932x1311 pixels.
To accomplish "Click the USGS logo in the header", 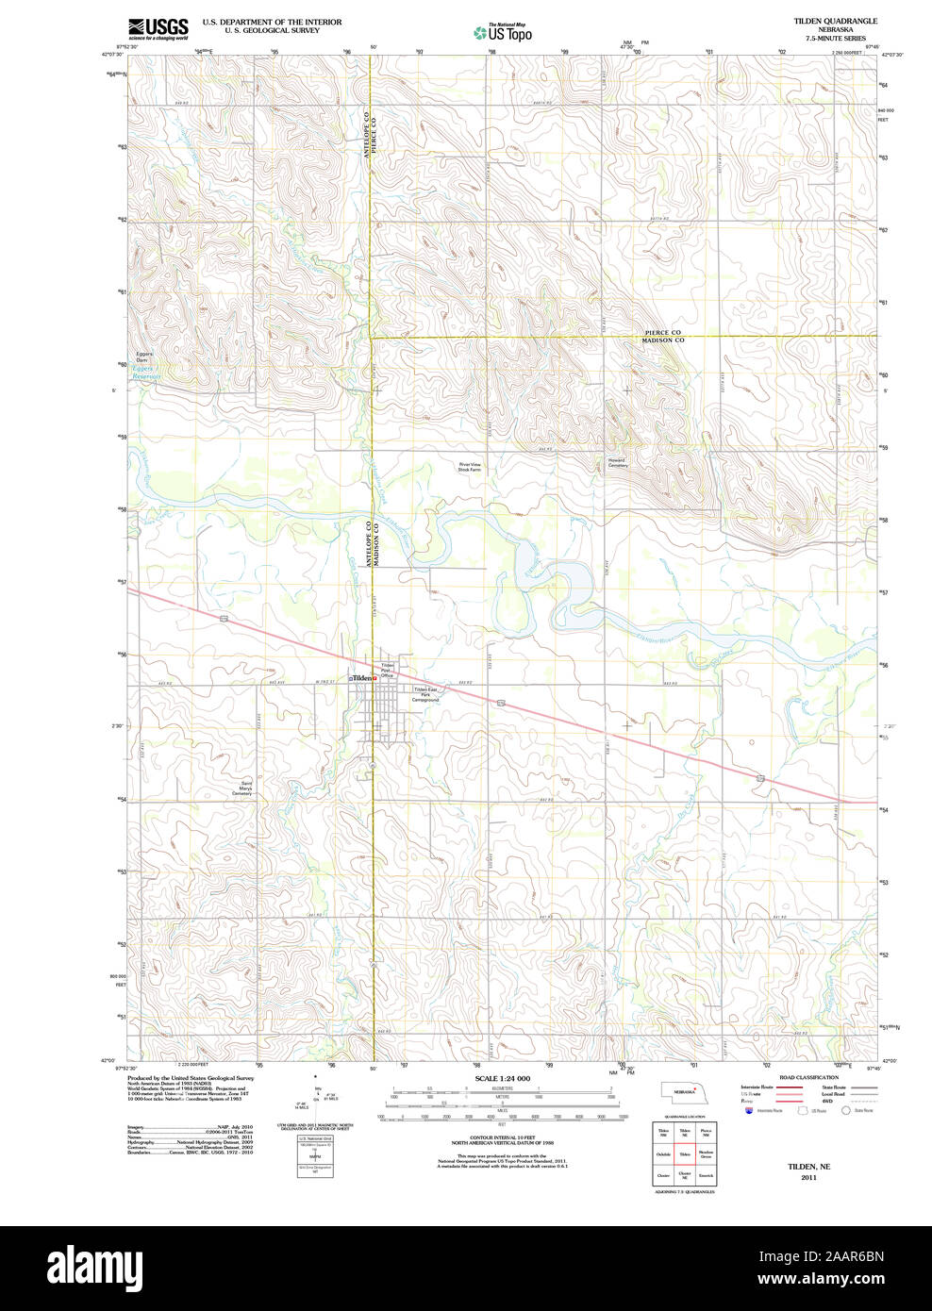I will click(x=158, y=27).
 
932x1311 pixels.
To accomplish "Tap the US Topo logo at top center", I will click(x=503, y=33).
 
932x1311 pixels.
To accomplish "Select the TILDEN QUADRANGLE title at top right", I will click(x=835, y=21).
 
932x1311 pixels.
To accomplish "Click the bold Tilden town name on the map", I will click(x=362, y=678).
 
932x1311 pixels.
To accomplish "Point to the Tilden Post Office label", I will click(x=387, y=671).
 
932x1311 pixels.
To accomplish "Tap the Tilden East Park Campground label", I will click(x=425, y=694).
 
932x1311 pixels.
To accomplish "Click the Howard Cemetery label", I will click(x=617, y=463).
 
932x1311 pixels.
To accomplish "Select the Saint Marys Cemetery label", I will click(x=243, y=788).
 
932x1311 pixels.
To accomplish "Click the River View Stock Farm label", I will click(x=469, y=467).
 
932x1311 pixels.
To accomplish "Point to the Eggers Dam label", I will click(x=142, y=357).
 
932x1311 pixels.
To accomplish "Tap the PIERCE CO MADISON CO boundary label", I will click(x=662, y=336).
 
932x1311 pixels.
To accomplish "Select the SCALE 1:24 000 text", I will click(x=502, y=1078).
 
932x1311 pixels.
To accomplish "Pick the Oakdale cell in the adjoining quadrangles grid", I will click(x=663, y=1153).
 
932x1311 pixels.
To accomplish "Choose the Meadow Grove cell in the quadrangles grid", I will click(x=706, y=1153).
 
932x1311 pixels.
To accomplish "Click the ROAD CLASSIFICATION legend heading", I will click(x=808, y=1077).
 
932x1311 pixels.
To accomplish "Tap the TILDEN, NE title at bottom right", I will click(x=808, y=1166).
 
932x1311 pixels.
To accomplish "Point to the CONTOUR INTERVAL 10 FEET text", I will click(x=502, y=1138).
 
